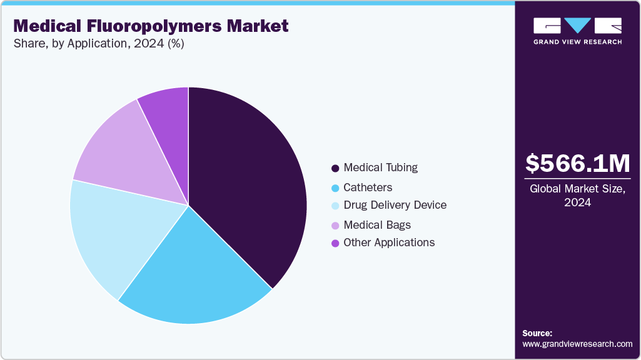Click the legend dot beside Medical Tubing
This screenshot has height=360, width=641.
336,168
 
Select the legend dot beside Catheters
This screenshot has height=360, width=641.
336,187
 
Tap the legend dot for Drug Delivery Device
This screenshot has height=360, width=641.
336,206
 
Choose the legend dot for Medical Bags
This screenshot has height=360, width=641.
336,225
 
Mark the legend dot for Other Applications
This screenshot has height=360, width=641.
336,243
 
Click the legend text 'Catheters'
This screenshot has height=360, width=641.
368,187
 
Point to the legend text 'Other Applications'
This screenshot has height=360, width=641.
389,242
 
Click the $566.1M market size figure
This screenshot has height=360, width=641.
577,164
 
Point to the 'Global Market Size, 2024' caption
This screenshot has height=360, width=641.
577,195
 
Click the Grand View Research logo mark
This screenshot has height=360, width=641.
577,26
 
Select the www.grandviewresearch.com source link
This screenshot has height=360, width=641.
577,344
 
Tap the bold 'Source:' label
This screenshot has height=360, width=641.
537,333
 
